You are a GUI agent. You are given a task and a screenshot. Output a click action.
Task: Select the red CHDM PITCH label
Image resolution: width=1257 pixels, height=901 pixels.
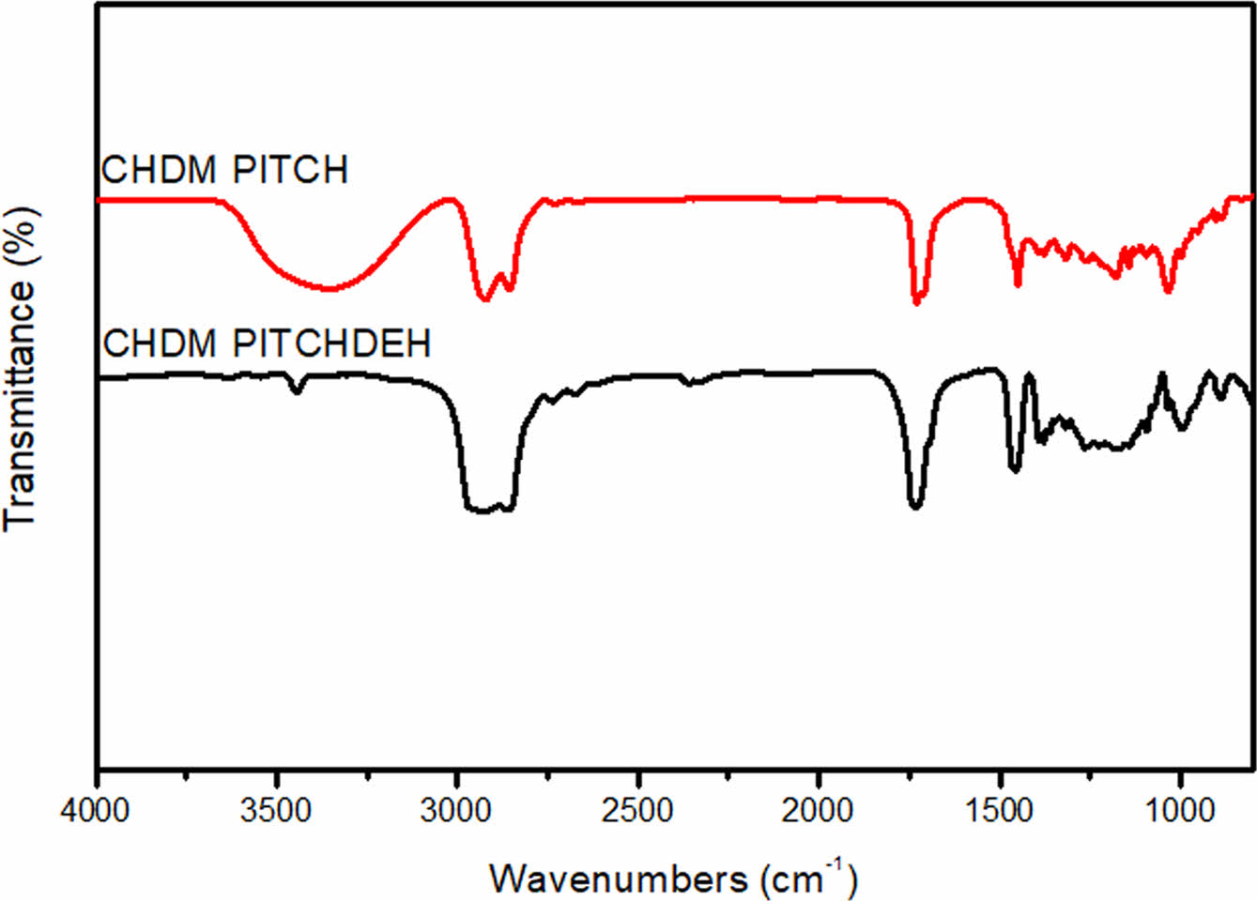point(225,170)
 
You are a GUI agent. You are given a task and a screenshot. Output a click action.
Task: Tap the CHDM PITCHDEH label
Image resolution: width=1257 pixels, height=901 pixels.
point(267,344)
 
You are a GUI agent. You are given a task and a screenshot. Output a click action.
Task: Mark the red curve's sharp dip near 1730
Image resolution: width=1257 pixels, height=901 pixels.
point(917,301)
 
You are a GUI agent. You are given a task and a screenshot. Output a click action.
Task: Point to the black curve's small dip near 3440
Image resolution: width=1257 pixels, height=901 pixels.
point(297,391)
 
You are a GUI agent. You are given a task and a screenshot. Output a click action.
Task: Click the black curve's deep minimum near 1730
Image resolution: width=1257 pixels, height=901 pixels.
point(915,507)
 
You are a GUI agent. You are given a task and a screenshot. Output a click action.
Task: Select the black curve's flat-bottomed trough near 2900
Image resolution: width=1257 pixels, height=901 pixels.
point(488,511)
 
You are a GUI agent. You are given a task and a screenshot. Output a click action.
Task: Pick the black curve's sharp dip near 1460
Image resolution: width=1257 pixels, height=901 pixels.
point(1014,470)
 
